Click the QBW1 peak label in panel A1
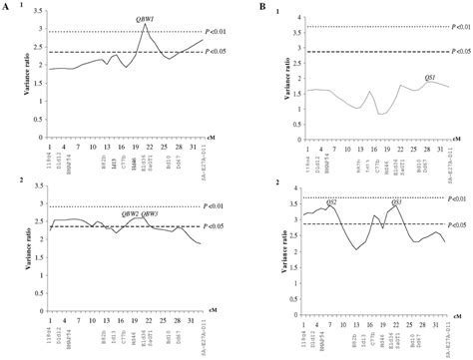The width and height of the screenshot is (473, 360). (x=145, y=19)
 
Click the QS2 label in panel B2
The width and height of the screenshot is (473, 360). (x=331, y=201)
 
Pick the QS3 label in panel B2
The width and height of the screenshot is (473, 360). (x=396, y=201)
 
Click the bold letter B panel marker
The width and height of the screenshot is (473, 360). (x=260, y=7)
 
